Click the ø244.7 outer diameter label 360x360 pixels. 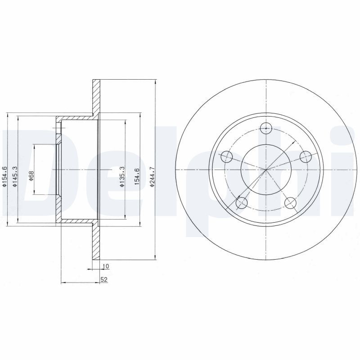click(152, 176)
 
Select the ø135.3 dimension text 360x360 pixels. click(122, 176)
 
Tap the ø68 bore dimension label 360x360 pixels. click(31, 175)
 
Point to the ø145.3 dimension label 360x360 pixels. click(14, 176)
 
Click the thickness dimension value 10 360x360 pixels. click(106, 266)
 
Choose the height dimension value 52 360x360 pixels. click(104, 279)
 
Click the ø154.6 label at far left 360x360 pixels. click(4, 176)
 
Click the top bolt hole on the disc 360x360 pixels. click(266, 128)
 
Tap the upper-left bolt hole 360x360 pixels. click(227, 157)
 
